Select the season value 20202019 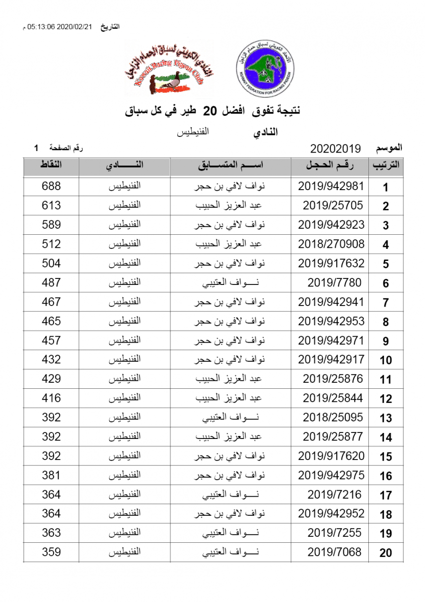[335, 148]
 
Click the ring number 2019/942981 [331, 186]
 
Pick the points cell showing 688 [51, 186]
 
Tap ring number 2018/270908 [331, 244]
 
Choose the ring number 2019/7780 [334, 283]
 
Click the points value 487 [51, 283]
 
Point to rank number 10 [385, 360]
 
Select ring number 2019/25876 [332, 379]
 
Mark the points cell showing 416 [51, 398]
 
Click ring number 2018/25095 [332, 418]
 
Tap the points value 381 [51, 476]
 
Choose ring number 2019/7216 [334, 495]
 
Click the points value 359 [51, 552]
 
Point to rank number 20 [385, 553]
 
